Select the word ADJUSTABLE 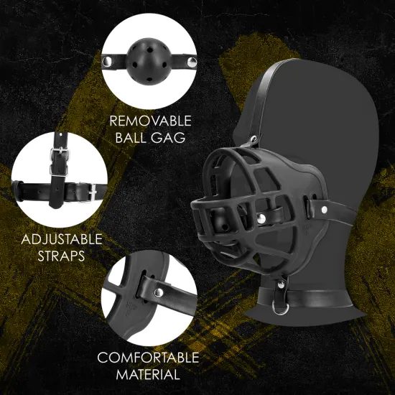coord(61,239)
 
